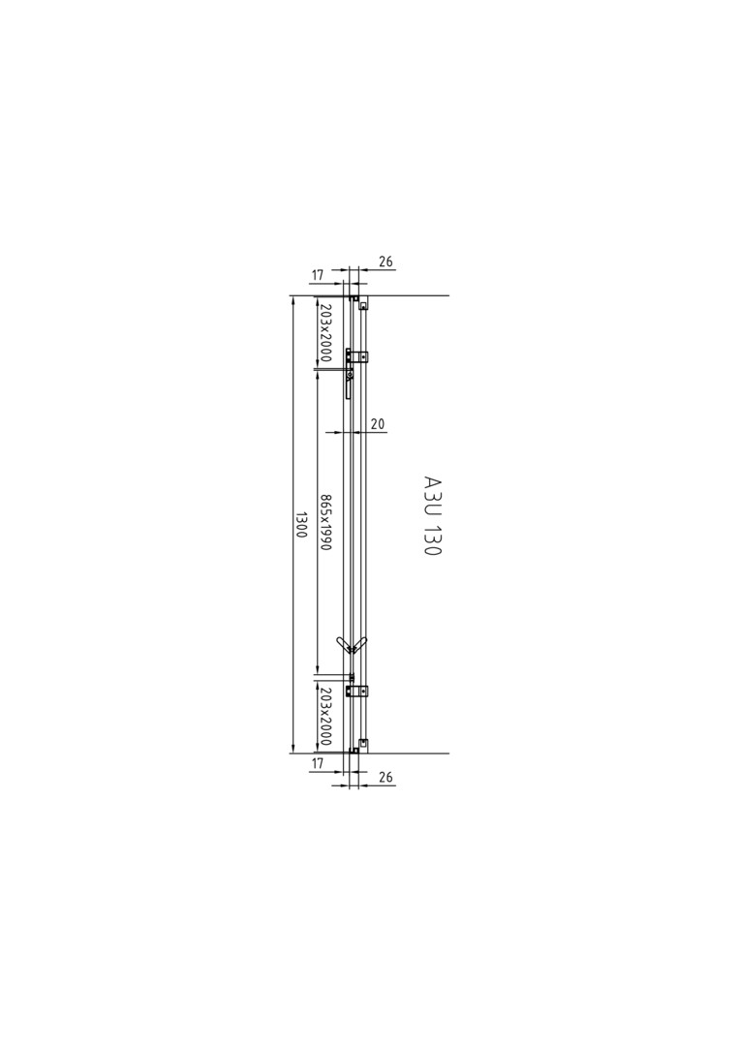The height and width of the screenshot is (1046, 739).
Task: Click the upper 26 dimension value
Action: tap(385, 261)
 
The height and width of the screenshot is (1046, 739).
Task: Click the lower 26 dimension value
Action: tap(385, 777)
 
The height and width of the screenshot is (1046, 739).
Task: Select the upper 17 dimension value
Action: tap(318, 274)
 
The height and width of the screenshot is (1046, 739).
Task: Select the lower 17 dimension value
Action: tap(318, 763)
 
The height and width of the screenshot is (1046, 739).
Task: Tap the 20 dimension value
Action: tap(378, 423)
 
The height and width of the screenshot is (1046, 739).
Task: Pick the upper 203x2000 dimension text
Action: tap(324, 331)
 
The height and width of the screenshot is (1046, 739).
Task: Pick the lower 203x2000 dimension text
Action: tap(324, 717)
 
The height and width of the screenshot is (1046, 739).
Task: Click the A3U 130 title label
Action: tap(432, 515)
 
